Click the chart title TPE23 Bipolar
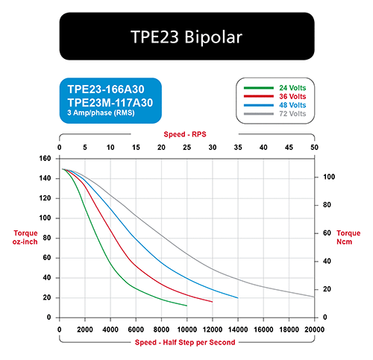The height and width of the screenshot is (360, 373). click(186, 37)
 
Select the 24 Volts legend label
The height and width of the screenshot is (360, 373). click(292, 88)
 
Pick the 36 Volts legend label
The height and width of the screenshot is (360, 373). click(292, 96)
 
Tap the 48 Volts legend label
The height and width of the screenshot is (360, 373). click(292, 105)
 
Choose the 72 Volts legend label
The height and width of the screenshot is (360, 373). click(292, 114)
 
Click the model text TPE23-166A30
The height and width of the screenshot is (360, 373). click(106, 89)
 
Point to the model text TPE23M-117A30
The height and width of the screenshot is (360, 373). click(110, 103)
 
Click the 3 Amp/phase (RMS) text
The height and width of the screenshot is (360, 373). click(101, 113)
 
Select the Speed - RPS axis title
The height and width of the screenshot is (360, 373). click(185, 134)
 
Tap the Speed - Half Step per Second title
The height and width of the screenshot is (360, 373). click(185, 342)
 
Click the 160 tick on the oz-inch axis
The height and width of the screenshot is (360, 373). click(45, 158)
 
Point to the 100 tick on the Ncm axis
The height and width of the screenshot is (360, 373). click(329, 177)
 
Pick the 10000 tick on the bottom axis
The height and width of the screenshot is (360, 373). click(186, 329)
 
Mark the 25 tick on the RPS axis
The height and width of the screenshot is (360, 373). click(186, 148)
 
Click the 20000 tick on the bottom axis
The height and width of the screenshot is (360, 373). click(314, 329)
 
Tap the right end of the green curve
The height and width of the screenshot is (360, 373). click(186, 306)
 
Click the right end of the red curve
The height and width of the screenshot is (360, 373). click(213, 302)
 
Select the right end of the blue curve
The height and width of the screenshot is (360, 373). click(238, 298)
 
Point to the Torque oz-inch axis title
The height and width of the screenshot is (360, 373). click(25, 238)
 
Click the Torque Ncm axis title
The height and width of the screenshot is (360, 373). click(348, 238)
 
